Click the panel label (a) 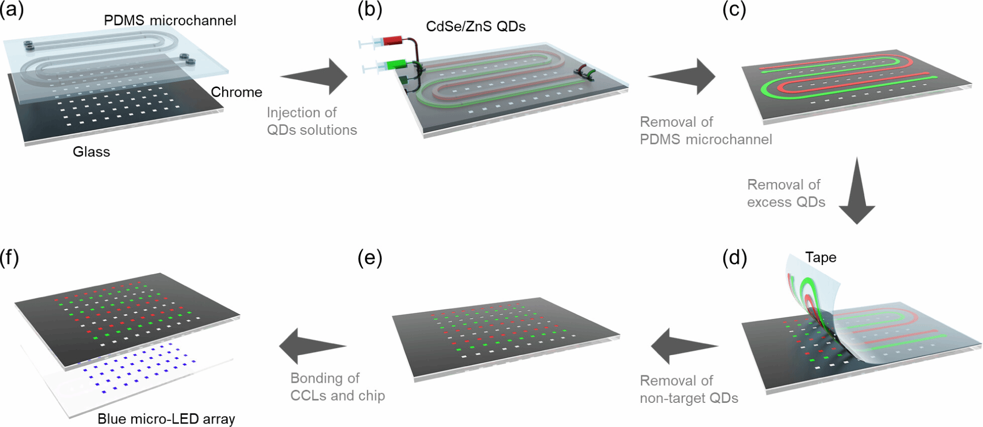pyautogui.click(x=12, y=9)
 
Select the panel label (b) pyautogui.click(x=370, y=9)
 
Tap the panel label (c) pyautogui.click(x=734, y=9)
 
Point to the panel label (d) pyautogui.click(x=734, y=258)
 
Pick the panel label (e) pyautogui.click(x=370, y=258)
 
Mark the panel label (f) pyautogui.click(x=10, y=258)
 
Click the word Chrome pyautogui.click(x=236, y=92)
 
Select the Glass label pyautogui.click(x=91, y=151)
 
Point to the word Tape pyautogui.click(x=821, y=257)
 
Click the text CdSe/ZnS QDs pyautogui.click(x=475, y=26)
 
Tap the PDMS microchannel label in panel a pyautogui.click(x=170, y=20)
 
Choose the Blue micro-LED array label pyautogui.click(x=166, y=418)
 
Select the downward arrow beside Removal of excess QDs pyautogui.click(x=857, y=191)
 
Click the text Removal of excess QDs pyautogui.click(x=785, y=193)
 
